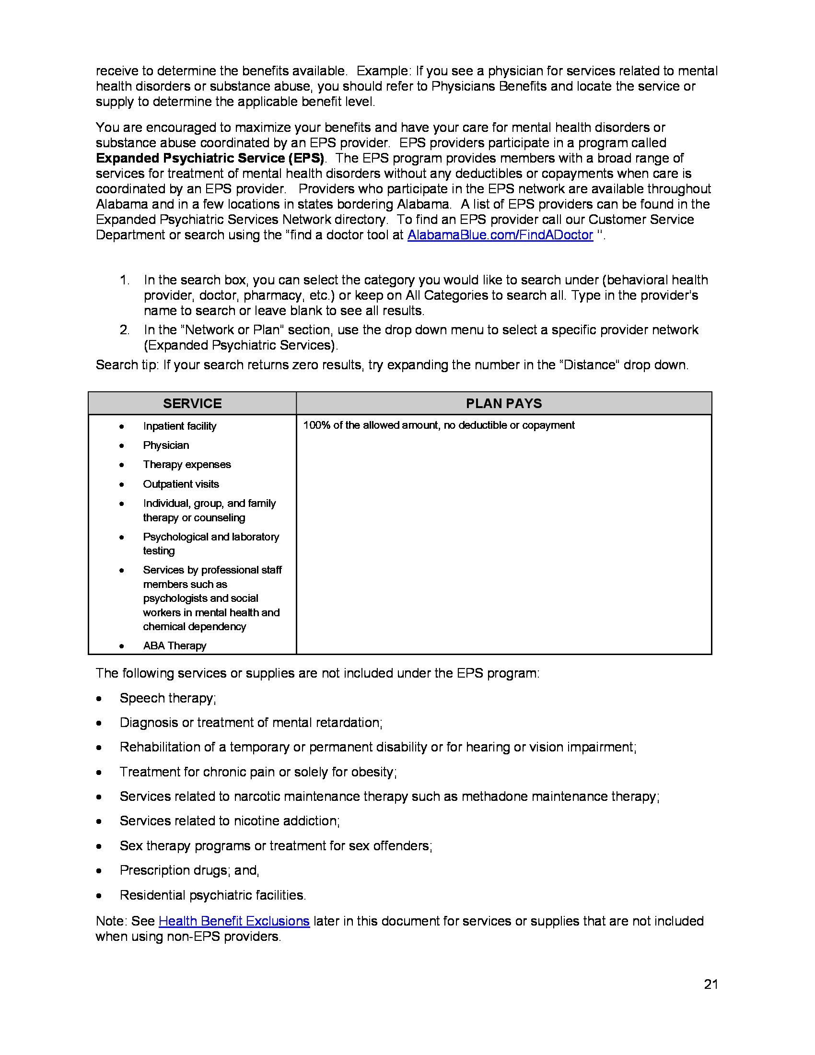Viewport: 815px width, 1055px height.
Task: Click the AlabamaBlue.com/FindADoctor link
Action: (x=500, y=235)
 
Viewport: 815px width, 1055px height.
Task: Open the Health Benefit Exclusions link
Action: (x=233, y=921)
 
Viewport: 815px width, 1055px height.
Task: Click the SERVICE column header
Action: (x=192, y=403)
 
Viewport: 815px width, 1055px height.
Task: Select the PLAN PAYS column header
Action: (x=503, y=403)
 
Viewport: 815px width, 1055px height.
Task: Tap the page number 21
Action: (x=710, y=984)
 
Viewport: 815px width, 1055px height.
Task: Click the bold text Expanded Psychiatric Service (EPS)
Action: (x=210, y=158)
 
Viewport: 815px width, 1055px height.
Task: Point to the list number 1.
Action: (x=124, y=280)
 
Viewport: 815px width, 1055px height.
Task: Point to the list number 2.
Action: (x=124, y=330)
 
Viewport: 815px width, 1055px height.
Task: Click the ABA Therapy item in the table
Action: (x=175, y=646)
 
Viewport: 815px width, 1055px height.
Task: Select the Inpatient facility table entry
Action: (x=180, y=426)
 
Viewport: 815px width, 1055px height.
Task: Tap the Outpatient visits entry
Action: (x=181, y=484)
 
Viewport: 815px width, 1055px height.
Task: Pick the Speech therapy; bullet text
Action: (x=167, y=698)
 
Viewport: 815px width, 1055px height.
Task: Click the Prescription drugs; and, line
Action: (x=189, y=870)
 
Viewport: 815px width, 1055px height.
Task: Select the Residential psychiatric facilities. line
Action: (x=212, y=895)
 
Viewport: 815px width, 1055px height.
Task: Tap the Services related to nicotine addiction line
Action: (x=229, y=821)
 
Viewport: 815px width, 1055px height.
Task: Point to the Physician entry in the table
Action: (x=165, y=445)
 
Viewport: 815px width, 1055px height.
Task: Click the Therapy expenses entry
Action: (x=187, y=465)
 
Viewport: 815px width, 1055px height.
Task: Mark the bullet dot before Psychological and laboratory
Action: (x=122, y=537)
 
